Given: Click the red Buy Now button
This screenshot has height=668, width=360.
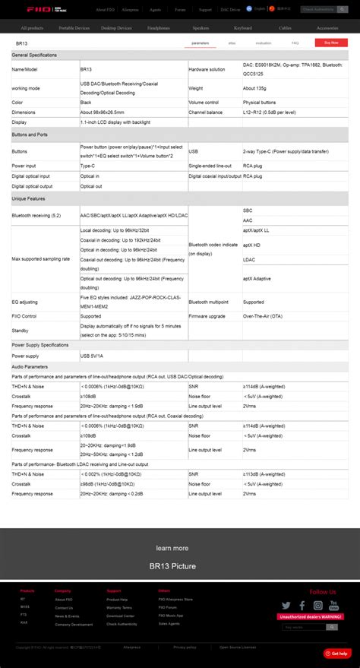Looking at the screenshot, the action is point(331,43).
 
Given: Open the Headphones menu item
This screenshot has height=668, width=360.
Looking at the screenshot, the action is point(159,27).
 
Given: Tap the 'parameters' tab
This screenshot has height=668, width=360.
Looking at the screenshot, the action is point(201,43).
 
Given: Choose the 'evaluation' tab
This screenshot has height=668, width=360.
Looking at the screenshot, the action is point(264,43).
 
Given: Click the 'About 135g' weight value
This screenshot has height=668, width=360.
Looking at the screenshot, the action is point(254,88).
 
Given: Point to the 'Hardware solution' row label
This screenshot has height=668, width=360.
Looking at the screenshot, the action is point(207,69).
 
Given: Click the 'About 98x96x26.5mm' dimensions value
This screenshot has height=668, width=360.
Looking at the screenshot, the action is point(103,112).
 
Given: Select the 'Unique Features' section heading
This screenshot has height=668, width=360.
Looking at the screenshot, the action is point(30,198).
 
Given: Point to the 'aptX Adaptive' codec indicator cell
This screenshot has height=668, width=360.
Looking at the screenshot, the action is point(257,279).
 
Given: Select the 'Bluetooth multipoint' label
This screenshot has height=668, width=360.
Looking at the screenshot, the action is point(210,302).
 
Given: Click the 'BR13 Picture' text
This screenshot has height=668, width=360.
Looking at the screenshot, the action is point(172,566).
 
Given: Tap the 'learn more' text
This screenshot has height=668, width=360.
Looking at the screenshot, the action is point(172,548).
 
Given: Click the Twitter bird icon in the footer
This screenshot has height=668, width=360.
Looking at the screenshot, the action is point(286,606).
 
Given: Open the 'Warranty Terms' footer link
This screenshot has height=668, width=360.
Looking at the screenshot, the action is point(119,608).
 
